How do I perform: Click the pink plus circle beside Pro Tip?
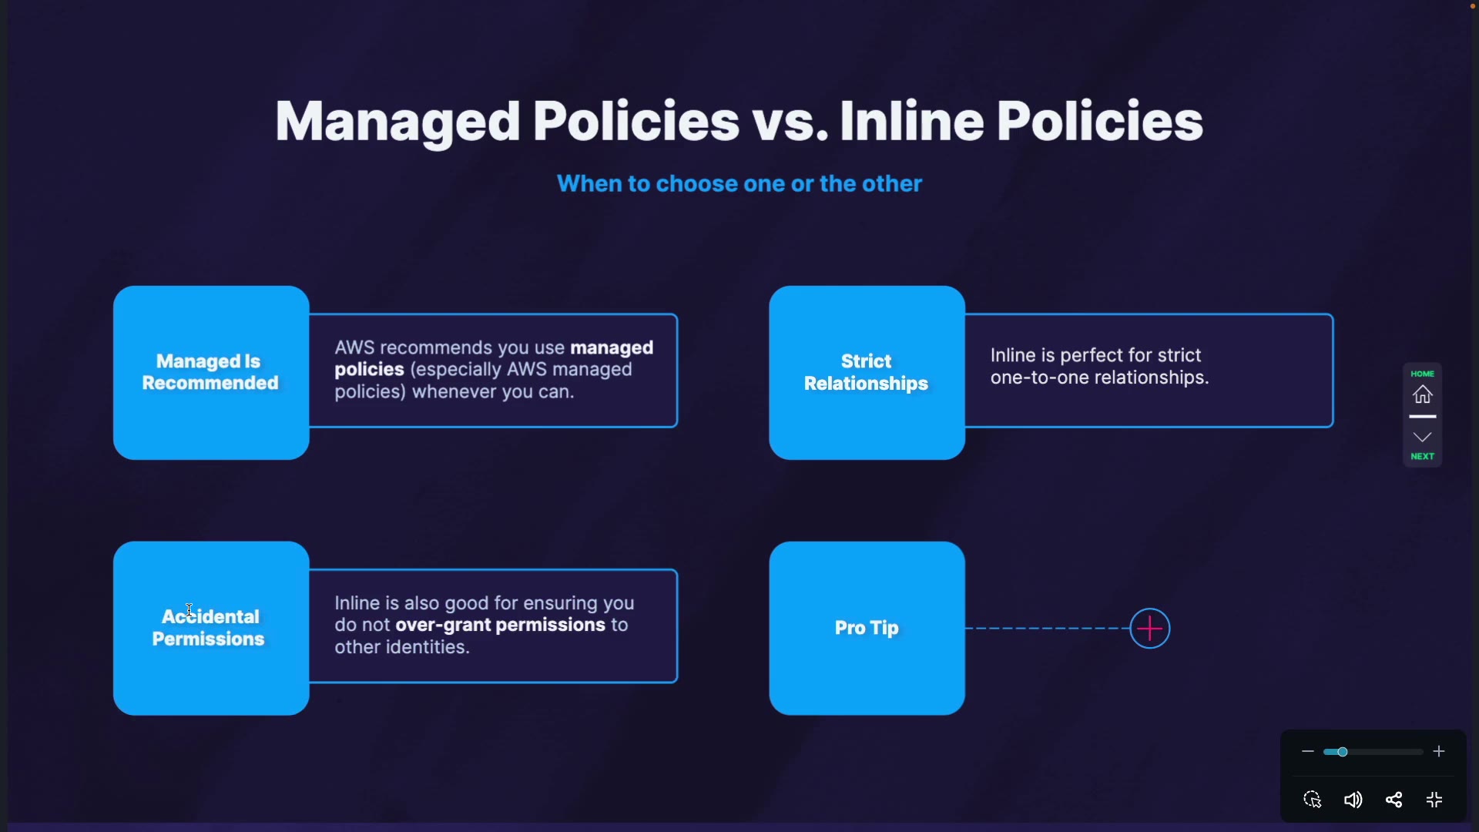click(x=1149, y=629)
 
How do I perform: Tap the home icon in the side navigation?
click(x=1422, y=394)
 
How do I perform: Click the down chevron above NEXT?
click(x=1422, y=437)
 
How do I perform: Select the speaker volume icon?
click(x=1353, y=800)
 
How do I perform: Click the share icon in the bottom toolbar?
click(x=1393, y=800)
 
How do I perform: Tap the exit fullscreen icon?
click(x=1434, y=800)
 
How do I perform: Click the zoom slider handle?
click(x=1343, y=752)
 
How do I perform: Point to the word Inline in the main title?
click(x=911, y=122)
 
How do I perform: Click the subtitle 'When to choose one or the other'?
click(x=739, y=183)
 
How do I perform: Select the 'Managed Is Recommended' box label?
click(x=210, y=372)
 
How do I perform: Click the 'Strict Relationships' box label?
click(x=866, y=372)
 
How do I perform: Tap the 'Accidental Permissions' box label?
click(x=209, y=628)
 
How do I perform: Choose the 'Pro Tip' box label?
click(x=867, y=628)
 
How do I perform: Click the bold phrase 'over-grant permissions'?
click(x=500, y=625)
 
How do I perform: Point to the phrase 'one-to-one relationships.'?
click(x=1099, y=377)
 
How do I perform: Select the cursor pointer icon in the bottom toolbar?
click(x=1313, y=800)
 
